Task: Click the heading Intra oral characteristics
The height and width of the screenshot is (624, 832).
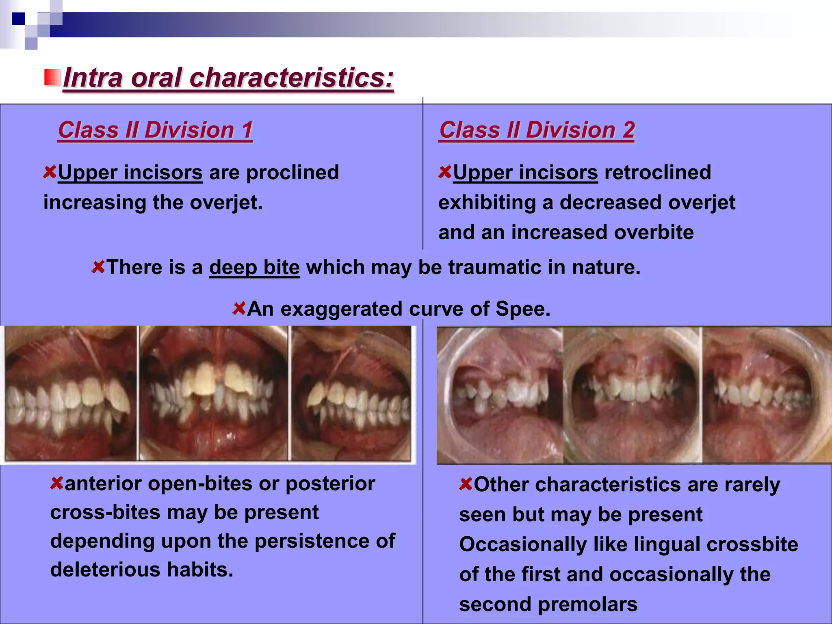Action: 228,77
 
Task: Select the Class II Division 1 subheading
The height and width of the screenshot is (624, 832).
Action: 155,130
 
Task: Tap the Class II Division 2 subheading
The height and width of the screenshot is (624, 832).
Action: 537,130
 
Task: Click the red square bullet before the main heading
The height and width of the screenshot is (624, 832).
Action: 52,77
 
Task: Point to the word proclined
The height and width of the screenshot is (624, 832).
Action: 292,172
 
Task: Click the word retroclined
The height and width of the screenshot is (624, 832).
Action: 657,172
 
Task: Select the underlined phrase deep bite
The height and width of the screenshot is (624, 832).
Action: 254,267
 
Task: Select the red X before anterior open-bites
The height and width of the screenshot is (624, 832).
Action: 56,483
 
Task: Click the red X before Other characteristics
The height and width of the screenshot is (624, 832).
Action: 466,484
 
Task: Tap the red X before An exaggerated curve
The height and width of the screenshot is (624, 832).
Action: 239,308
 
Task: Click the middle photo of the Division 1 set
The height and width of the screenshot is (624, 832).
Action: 214,393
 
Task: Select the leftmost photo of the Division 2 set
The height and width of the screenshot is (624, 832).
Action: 500,395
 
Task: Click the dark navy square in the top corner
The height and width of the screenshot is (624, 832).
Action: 18,19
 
